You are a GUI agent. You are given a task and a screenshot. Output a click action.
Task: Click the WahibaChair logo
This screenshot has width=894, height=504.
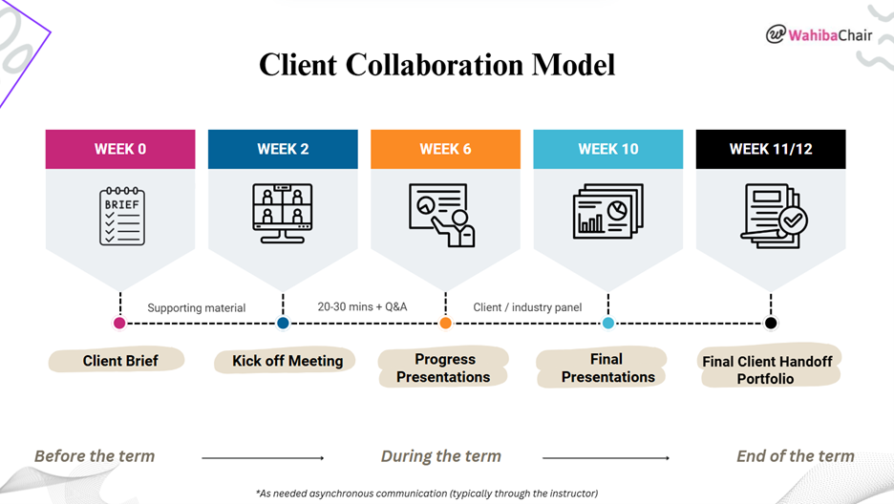[x=819, y=34]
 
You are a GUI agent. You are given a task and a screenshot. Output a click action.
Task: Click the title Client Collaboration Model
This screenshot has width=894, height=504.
[x=437, y=64]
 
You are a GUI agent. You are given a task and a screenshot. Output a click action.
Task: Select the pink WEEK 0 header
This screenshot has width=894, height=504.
[x=120, y=149]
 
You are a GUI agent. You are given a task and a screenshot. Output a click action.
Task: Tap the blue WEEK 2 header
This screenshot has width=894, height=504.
[x=283, y=149]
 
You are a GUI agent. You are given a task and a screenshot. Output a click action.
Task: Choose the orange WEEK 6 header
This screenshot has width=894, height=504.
[x=445, y=149]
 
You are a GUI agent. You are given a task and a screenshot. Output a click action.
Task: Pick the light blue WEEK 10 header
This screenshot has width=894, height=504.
[x=608, y=149]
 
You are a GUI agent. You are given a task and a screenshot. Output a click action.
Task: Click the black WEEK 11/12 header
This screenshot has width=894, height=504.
[x=771, y=149]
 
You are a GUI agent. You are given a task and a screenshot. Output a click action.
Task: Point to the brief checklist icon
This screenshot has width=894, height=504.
[x=121, y=216]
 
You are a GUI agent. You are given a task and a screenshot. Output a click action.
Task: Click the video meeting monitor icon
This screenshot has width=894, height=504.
[x=283, y=215]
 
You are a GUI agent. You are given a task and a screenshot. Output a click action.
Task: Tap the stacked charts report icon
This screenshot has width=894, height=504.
[x=607, y=212]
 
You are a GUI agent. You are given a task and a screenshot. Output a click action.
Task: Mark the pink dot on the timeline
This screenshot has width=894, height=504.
[x=119, y=323]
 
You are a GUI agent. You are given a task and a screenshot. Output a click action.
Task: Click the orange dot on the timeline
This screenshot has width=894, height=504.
[x=445, y=323]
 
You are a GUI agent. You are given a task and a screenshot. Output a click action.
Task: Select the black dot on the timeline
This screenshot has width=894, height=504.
[x=771, y=323]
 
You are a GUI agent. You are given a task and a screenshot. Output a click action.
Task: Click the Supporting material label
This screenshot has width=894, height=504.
[x=196, y=308]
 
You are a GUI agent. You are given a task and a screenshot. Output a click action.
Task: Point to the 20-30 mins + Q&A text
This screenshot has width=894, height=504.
[x=362, y=307]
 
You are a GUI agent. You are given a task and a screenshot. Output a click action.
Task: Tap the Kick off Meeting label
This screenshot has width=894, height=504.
[x=287, y=361]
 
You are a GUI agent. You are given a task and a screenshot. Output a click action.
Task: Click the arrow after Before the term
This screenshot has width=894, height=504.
[x=263, y=458]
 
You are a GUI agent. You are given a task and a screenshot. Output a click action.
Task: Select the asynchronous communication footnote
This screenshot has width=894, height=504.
[x=426, y=493]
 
